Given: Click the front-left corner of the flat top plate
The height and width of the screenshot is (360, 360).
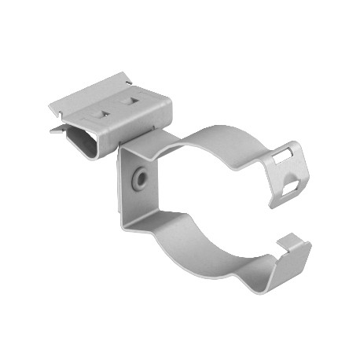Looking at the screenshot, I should [x=50, y=105].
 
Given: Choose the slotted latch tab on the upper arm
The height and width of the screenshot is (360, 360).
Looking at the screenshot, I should [x=285, y=173].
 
